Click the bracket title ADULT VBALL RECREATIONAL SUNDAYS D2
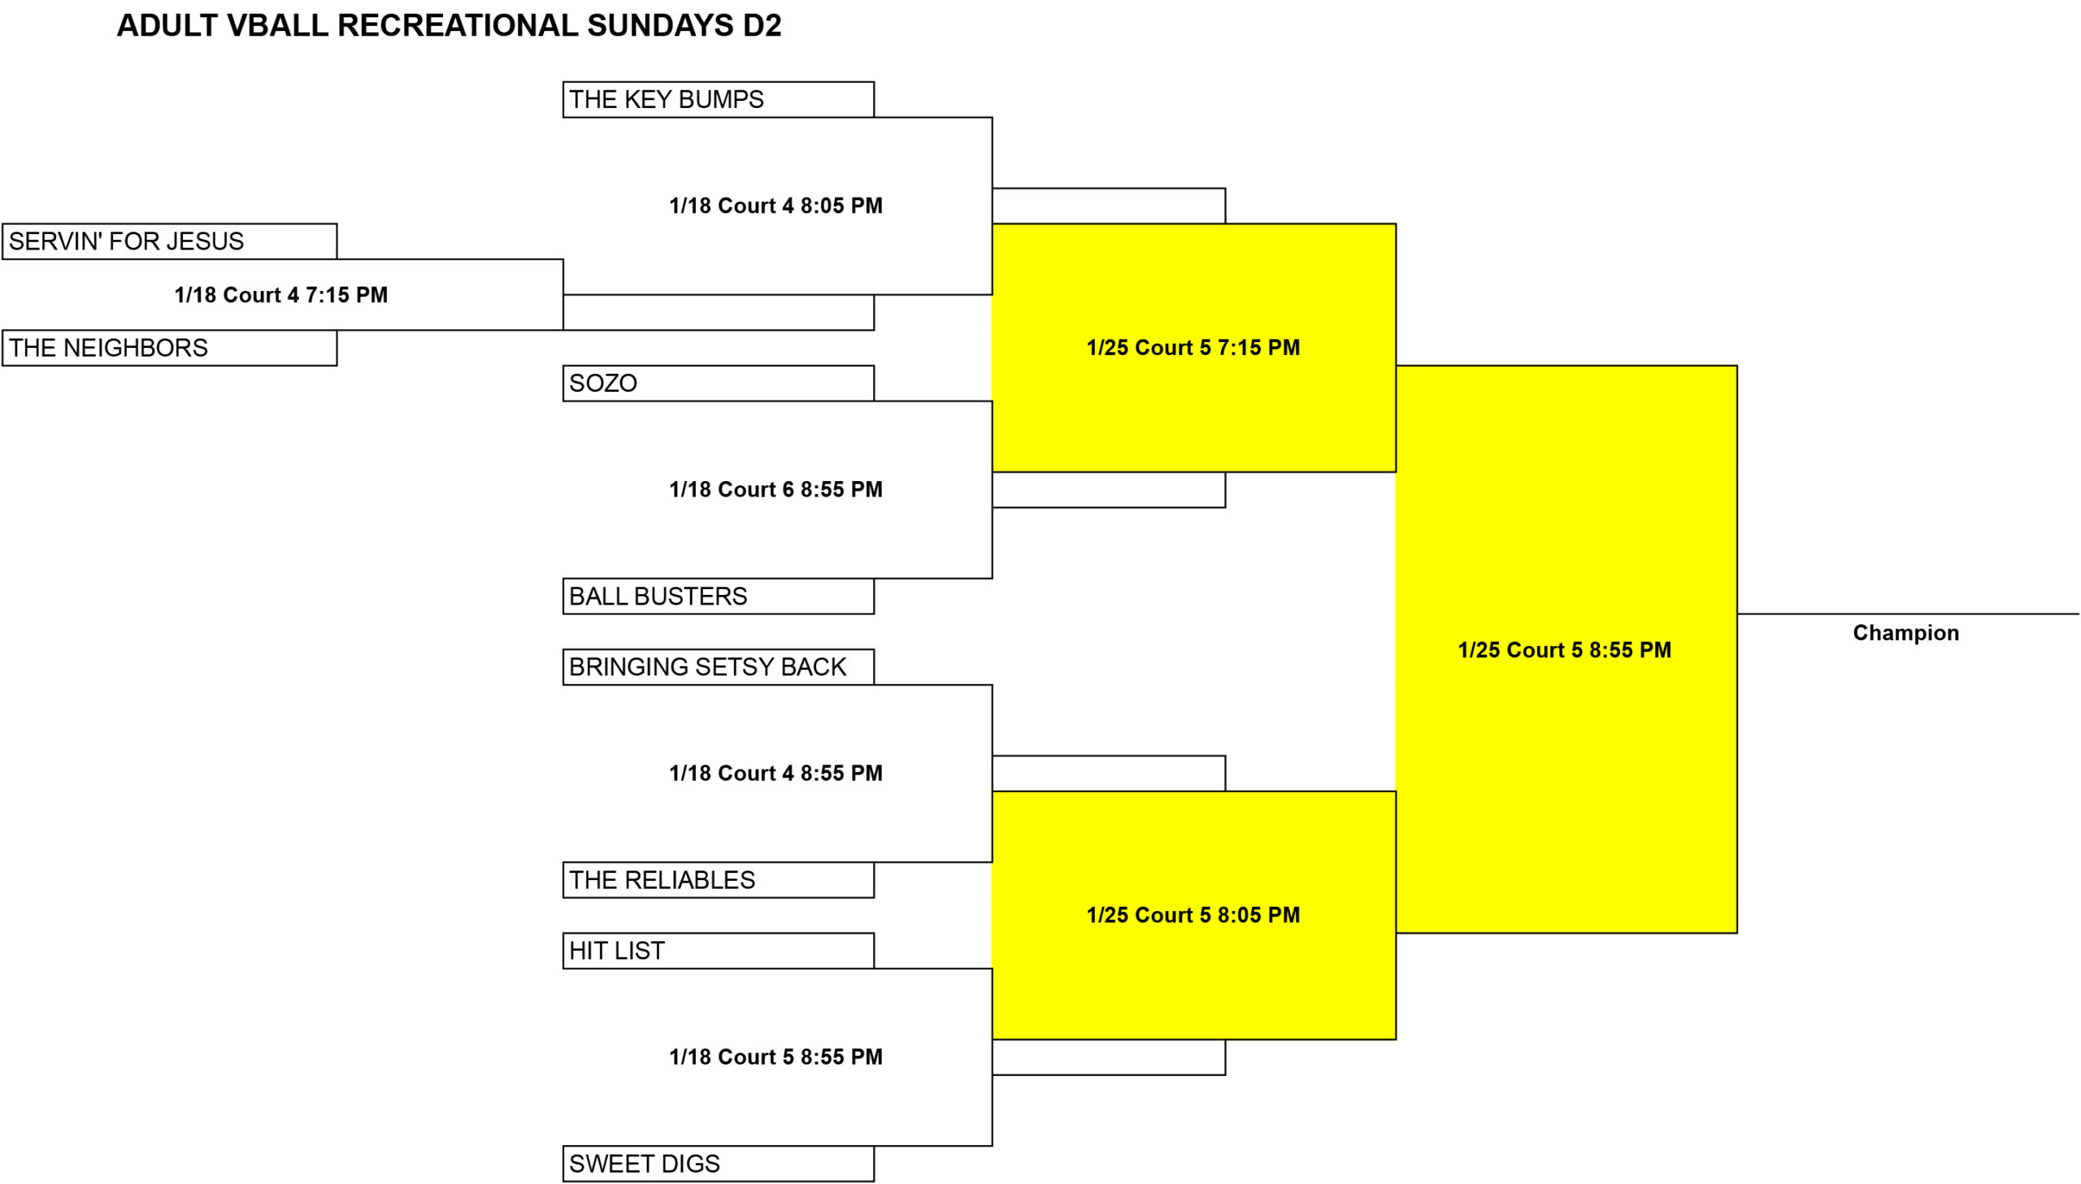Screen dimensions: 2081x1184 [449, 26]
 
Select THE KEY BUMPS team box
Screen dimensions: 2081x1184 [718, 99]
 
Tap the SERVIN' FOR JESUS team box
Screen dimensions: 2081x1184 [169, 241]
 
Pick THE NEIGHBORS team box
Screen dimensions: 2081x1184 [169, 348]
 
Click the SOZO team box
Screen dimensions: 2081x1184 [718, 383]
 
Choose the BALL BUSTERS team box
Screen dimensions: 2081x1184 [718, 596]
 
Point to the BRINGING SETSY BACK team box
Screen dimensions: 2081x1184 [718, 667]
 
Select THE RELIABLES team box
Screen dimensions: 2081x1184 [718, 880]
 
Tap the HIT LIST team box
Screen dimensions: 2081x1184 [718, 951]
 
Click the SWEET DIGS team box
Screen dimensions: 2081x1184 [718, 1164]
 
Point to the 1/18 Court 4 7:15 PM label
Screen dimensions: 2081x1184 [280, 295]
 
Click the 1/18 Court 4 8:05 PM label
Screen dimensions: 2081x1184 [775, 206]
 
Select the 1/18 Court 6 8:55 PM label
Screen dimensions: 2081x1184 [775, 489]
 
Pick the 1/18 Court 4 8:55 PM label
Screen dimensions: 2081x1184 [775, 774]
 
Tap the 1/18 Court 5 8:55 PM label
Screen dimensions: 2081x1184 [775, 1057]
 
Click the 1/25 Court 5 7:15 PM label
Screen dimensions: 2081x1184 [1193, 348]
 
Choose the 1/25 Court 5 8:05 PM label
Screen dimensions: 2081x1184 [1193, 916]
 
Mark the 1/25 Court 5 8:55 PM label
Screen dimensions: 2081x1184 [1565, 651]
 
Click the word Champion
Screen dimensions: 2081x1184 [1906, 634]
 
